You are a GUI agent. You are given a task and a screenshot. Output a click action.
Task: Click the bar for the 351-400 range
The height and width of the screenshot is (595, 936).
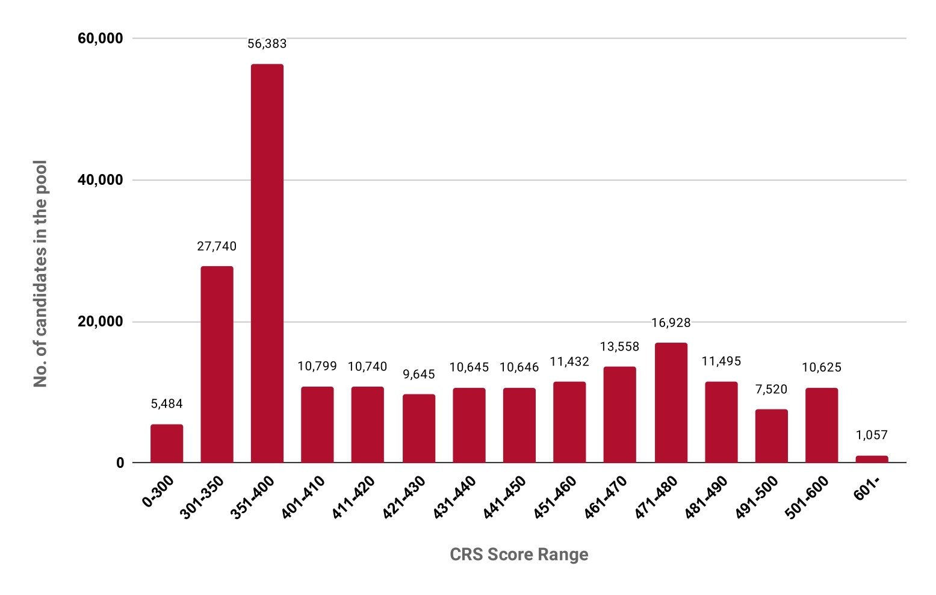click(267, 263)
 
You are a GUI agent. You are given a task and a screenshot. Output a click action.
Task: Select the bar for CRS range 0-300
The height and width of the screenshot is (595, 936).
click(167, 443)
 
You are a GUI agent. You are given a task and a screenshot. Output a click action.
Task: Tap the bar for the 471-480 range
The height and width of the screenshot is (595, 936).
click(671, 402)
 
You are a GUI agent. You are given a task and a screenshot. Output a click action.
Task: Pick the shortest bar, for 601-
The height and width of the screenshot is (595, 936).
click(872, 459)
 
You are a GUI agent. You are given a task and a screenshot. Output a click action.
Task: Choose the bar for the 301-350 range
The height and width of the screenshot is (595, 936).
click(217, 364)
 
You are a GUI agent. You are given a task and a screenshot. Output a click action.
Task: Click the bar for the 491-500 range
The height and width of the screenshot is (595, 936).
click(772, 436)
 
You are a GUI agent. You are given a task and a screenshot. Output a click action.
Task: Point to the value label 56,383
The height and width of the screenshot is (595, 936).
click(267, 44)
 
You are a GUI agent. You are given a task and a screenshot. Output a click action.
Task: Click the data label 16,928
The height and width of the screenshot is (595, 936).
click(671, 323)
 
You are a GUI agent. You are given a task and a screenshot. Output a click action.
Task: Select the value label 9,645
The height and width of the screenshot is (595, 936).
click(419, 375)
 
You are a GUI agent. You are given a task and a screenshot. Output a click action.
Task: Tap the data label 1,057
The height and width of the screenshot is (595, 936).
click(872, 435)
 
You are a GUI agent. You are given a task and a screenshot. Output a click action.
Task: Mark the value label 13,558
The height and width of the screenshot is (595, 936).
click(619, 347)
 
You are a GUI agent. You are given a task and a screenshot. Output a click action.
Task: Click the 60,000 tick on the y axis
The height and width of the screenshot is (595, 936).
click(101, 39)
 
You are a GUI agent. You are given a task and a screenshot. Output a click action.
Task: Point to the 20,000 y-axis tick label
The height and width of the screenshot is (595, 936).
click(101, 322)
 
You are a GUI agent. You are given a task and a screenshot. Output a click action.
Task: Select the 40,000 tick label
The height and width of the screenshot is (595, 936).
click(101, 180)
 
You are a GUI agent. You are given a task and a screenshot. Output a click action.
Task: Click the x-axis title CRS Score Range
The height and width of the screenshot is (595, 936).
click(519, 554)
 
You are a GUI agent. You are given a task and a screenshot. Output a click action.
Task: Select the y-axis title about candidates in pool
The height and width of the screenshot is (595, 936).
click(40, 274)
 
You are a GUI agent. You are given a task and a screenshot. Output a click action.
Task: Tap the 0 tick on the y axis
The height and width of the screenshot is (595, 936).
click(120, 463)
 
